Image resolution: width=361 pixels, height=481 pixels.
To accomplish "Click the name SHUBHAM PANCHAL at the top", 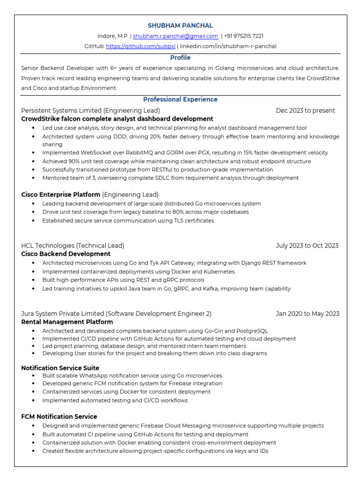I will tap(180, 25).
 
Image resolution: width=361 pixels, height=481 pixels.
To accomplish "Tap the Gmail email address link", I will tap(175, 36).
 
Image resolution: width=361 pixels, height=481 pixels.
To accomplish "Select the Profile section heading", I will tap(180, 58).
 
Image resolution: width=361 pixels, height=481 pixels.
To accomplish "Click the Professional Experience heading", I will tap(180, 100).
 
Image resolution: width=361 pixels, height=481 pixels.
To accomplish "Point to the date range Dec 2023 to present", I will tap(306, 110).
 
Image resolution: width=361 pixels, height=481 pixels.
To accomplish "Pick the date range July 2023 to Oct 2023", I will tap(307, 246).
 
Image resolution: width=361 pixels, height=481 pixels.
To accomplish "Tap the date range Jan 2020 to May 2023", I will tap(307, 314).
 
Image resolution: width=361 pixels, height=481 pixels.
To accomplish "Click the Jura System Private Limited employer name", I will tap(63, 314).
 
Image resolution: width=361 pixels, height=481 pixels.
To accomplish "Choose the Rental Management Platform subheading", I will tap(67, 322).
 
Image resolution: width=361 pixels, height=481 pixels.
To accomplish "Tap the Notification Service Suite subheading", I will tap(60, 368).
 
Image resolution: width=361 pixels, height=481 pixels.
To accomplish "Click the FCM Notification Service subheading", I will tap(59, 417).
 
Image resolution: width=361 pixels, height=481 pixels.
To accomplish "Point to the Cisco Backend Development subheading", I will tap(66, 254).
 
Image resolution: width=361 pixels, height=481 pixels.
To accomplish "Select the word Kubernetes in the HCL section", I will tap(219, 272).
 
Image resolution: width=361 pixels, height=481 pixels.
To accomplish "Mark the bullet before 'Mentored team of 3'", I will tap(33, 178).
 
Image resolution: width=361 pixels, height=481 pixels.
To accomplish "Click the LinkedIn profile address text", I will tap(229, 46).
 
